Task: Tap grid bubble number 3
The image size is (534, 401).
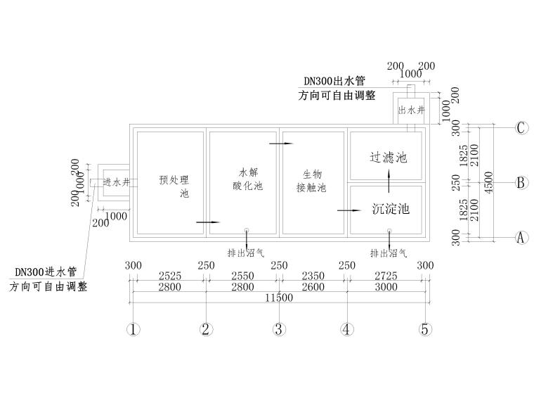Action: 279,329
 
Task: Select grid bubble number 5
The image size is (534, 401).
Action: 424,329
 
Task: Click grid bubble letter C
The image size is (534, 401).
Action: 521,128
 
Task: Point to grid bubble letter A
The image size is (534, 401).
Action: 521,238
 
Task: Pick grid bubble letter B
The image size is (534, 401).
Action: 521,183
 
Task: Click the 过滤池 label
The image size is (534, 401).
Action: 388,157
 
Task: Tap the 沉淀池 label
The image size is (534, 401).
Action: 389,209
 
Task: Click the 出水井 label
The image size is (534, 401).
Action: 412,110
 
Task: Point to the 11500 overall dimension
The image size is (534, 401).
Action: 279,298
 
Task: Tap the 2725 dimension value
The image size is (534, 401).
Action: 386,276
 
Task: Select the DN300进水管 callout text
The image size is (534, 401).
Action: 45,272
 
